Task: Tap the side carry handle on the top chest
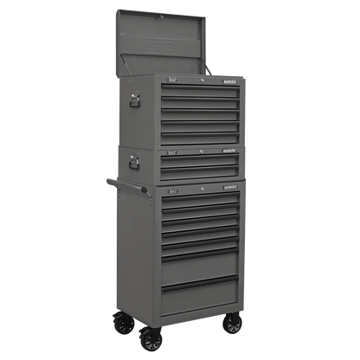click(x=133, y=103)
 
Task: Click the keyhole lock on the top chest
click(x=201, y=81)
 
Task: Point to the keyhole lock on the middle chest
click(x=201, y=155)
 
